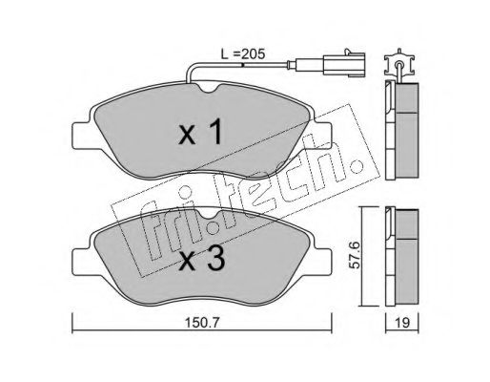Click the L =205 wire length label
click(x=243, y=54)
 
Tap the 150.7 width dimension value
click(x=202, y=324)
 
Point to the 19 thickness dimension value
click(x=402, y=323)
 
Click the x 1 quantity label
click(x=200, y=133)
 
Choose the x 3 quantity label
click(x=202, y=260)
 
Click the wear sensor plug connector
click(x=344, y=65)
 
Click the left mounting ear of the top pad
click(x=82, y=135)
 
